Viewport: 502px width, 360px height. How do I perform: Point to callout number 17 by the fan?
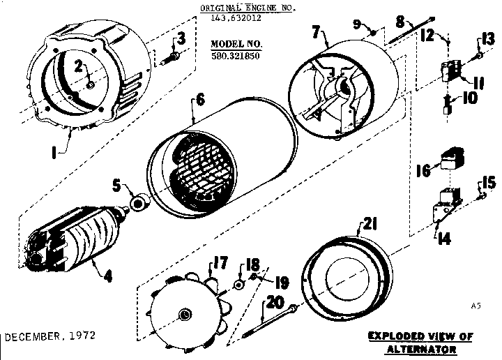point(220,264)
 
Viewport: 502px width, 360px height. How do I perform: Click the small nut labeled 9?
point(374,33)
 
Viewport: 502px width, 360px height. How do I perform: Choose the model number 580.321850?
point(234,57)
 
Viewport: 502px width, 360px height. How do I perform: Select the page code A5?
point(476,304)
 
